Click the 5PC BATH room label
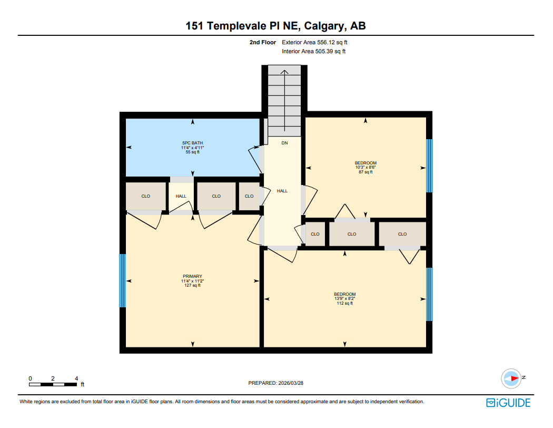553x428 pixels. click(192, 143)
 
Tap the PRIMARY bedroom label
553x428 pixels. click(192, 276)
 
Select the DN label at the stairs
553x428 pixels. click(284, 143)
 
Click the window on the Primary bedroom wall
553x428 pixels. click(123, 280)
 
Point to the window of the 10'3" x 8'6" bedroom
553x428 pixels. click(429, 166)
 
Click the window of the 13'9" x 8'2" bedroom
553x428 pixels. click(429, 294)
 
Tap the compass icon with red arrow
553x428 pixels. click(511, 377)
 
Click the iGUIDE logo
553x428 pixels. click(508, 403)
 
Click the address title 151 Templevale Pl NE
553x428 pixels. click(276, 26)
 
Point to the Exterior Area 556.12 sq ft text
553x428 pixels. click(314, 42)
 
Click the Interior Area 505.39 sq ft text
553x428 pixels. click(313, 52)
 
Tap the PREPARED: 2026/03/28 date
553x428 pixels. click(276, 383)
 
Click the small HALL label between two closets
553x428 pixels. click(181, 196)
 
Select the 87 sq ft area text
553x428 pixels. click(366, 172)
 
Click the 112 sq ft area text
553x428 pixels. click(344, 303)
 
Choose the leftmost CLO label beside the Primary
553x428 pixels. click(146, 196)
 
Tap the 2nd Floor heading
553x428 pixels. click(263, 42)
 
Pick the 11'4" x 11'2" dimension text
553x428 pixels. click(192, 281)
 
